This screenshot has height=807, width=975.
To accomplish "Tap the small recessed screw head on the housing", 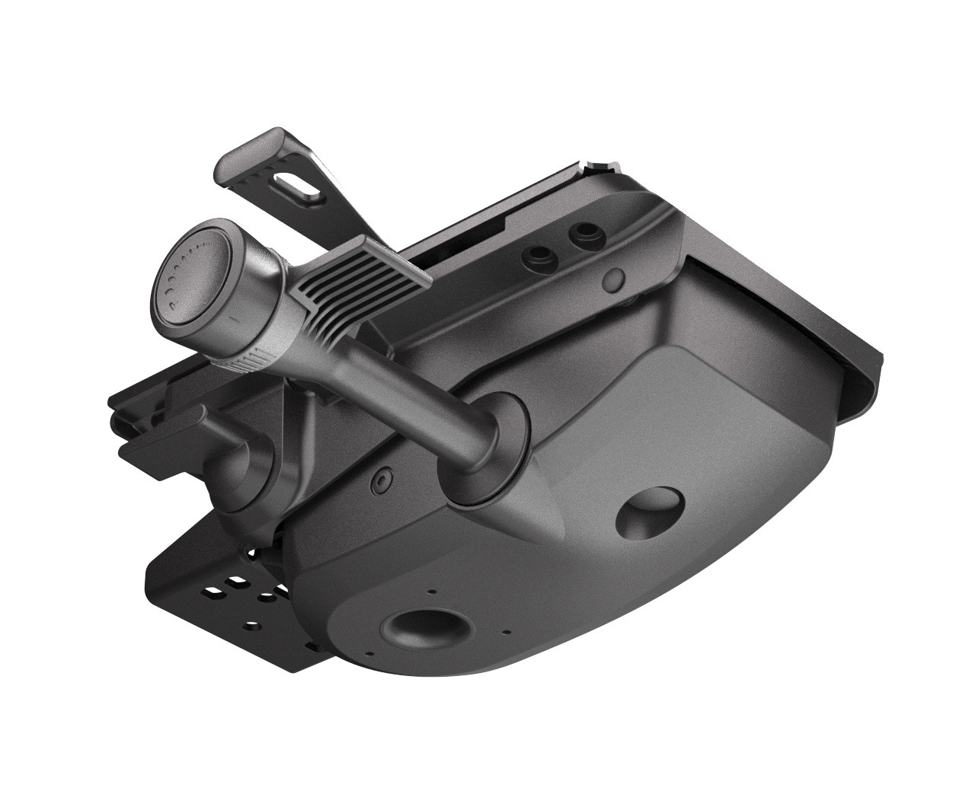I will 380,482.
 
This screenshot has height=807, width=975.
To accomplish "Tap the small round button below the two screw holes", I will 614,279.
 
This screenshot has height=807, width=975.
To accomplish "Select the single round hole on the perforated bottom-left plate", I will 253,624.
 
